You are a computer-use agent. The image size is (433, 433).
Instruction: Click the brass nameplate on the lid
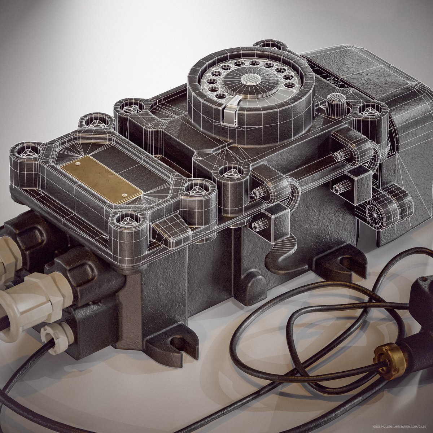[x=101, y=179]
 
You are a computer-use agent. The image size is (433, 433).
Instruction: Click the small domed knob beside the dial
[x=335, y=101]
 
